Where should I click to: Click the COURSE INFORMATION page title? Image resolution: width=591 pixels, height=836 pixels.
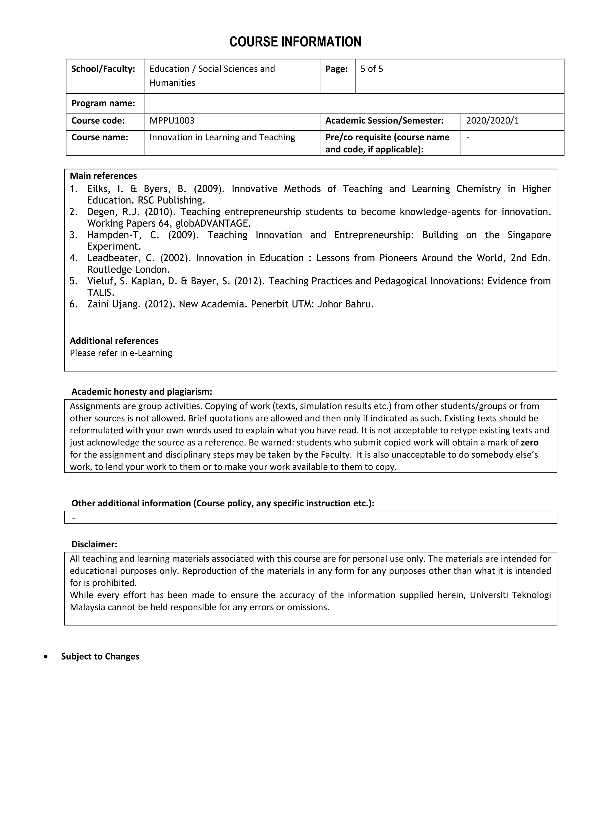[295, 42]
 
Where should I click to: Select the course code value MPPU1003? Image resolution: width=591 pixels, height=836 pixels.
[172, 120]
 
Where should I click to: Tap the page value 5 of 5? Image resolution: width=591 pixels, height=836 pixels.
[372, 69]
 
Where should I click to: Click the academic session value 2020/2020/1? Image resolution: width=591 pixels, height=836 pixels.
[492, 120]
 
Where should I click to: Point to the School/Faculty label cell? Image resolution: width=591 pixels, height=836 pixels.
[103, 69]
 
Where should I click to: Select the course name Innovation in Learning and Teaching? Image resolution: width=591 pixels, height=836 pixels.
[222, 137]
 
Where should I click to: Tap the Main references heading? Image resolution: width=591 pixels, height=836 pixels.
[103, 176]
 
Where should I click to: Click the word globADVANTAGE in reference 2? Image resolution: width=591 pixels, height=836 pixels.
[213, 223]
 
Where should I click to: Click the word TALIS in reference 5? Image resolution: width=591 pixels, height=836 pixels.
[101, 292]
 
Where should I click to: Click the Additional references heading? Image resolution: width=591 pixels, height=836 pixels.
[114, 341]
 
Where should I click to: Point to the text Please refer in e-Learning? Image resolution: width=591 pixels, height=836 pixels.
[121, 353]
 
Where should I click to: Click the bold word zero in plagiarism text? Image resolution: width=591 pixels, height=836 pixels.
[530, 443]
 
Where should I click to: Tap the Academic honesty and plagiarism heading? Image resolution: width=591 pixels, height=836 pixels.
[142, 392]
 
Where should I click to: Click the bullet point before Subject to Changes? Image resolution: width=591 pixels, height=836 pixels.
[46, 657]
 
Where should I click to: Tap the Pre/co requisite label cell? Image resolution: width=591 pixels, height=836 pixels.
[387, 143]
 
